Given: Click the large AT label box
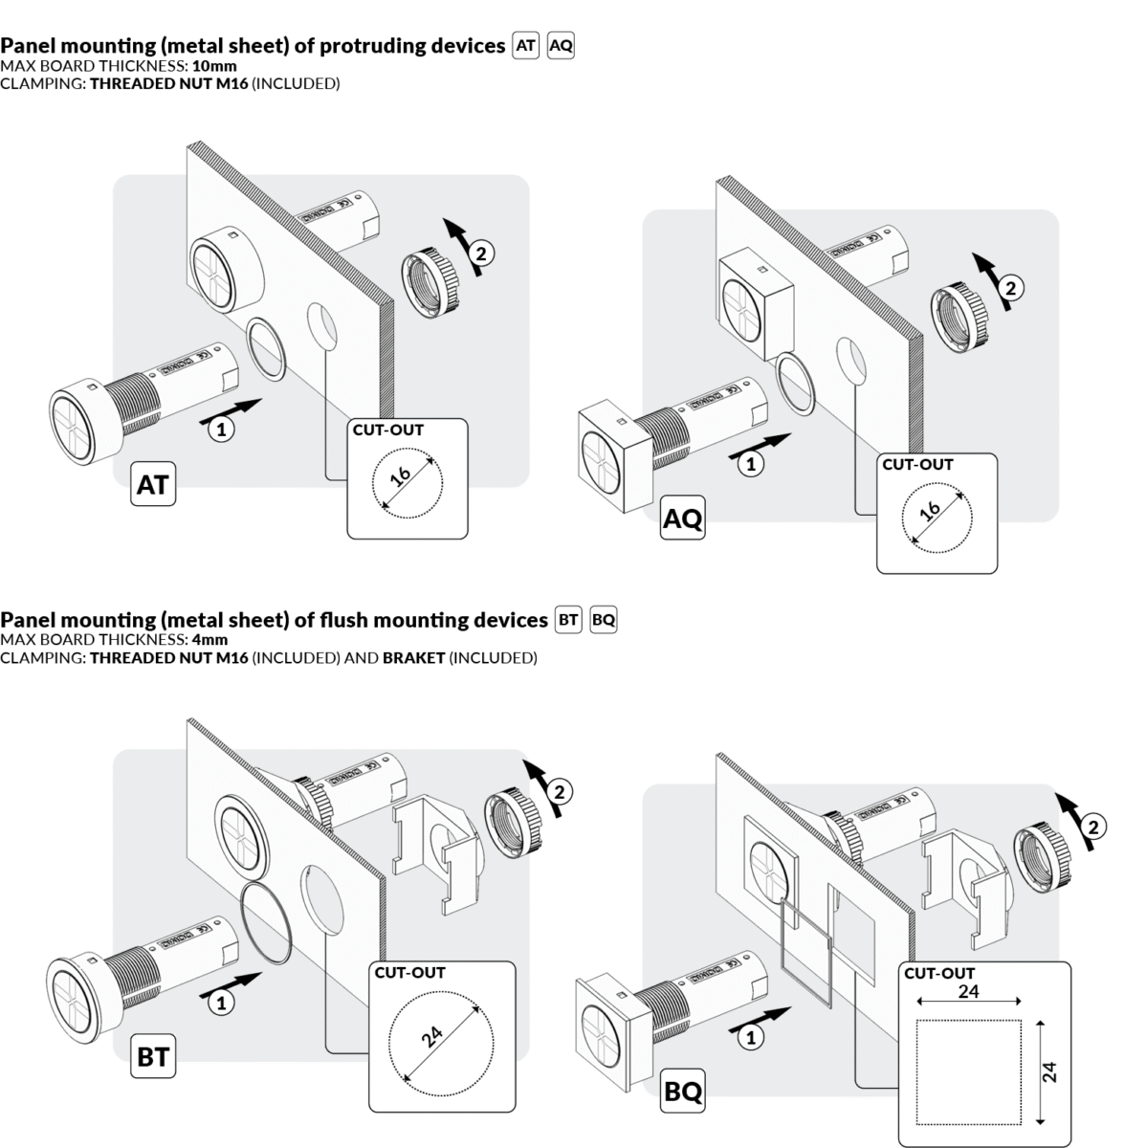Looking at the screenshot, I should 153,485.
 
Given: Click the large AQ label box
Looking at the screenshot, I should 683,519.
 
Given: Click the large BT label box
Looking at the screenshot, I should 153,1057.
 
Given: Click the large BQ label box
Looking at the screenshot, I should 683,1092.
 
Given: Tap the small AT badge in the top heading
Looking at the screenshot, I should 526,45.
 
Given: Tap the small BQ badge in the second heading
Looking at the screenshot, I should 604,620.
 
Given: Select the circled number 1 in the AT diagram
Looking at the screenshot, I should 221,430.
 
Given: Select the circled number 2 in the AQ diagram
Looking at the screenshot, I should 1011,287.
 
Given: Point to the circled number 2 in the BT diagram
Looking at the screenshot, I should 562,791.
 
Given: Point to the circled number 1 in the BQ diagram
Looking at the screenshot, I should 754,1037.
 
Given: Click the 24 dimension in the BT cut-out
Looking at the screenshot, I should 432,1037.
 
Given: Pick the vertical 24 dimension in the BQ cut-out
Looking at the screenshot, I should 1050,1071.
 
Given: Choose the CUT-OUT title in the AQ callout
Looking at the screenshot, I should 917,465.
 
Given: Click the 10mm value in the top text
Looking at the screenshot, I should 214,66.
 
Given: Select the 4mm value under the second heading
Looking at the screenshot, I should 209,640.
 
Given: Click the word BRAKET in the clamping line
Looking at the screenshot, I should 413,658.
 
